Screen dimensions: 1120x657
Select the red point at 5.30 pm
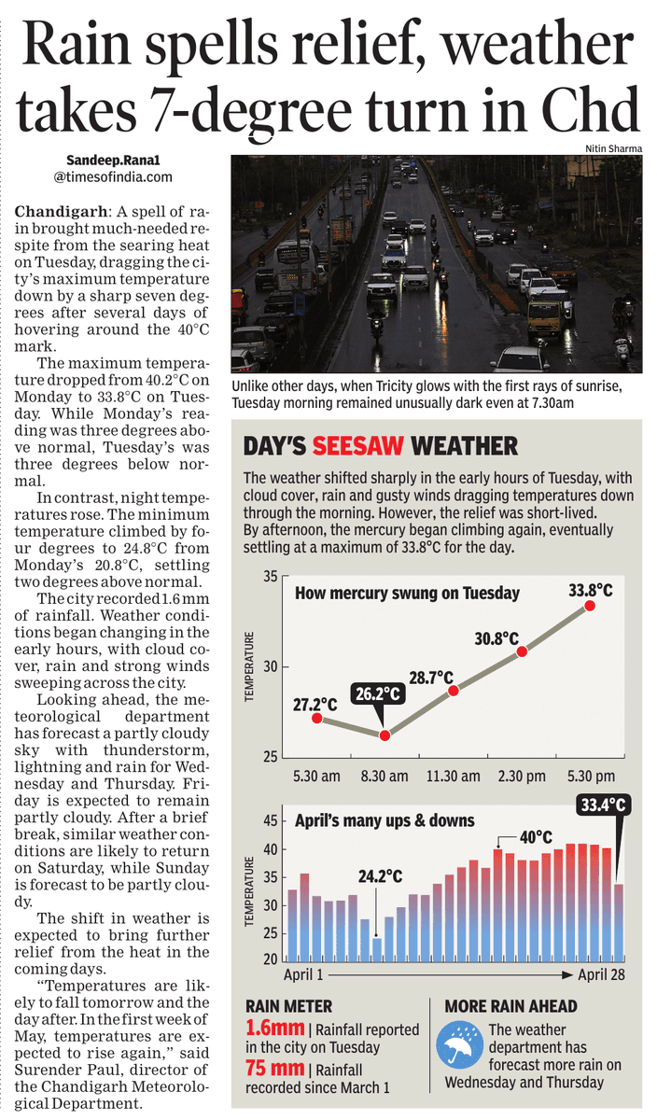tap(590, 606)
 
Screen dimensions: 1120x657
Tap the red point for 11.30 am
tap(454, 691)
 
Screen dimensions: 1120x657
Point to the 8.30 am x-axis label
tap(384, 776)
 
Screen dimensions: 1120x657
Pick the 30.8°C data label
tap(496, 638)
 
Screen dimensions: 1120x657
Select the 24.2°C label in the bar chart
tap(380, 876)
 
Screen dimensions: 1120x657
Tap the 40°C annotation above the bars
tap(536, 837)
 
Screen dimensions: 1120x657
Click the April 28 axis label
tap(599, 974)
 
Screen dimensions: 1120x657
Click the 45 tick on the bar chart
tap(270, 821)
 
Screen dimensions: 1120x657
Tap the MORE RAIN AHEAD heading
tap(510, 1006)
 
